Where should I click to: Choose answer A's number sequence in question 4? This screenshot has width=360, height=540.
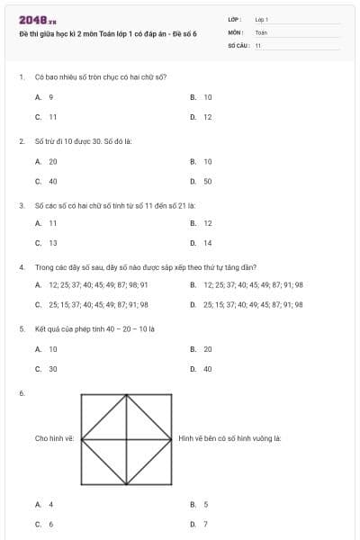(93, 285)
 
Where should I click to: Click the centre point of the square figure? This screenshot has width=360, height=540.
(127, 438)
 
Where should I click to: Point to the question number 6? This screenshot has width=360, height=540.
(21, 393)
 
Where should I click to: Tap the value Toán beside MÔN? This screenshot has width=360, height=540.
(261, 31)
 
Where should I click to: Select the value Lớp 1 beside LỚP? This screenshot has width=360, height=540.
(262, 19)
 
